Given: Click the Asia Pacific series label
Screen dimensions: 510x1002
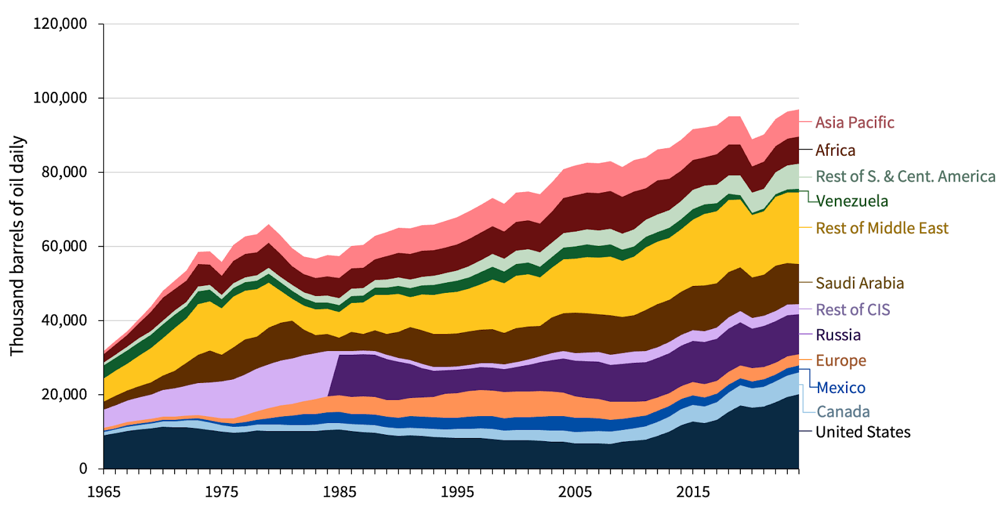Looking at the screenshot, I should pos(854,122).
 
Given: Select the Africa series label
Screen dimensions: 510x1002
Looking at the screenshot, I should pos(835,150).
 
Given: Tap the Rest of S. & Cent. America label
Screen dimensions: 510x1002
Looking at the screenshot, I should pos(905,176).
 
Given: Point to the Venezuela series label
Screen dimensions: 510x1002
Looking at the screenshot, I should pos(852,201).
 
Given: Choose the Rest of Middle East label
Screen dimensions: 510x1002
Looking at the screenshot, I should pos(882,228).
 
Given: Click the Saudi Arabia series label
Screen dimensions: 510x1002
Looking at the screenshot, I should pos(859,283).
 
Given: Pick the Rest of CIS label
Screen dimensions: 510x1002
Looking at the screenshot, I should pos(852,310).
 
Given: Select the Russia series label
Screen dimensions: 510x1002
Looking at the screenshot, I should pos(838,335).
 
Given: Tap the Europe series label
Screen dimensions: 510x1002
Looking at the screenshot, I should pos(840,360).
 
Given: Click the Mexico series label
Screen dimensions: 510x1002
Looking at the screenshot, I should pos(841,388).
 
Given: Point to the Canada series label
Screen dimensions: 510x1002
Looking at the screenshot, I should pos(843,412).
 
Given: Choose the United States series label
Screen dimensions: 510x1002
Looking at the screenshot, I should pos(862,432).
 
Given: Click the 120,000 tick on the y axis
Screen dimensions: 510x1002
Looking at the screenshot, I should pos(59,24).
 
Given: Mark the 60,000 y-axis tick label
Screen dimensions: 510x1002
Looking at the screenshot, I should pos(63,246).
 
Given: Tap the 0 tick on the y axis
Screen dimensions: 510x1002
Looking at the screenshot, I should pos(83,469).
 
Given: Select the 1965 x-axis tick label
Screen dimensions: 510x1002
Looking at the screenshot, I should pos(104,492).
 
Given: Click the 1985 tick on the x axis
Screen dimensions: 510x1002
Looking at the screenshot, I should pos(339,492).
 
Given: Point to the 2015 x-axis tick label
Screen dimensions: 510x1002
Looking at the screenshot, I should pos(693,492).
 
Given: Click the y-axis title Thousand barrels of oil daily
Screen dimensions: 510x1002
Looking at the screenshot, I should pos(17,246).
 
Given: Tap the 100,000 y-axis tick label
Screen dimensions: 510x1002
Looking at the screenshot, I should pos(59,98).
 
